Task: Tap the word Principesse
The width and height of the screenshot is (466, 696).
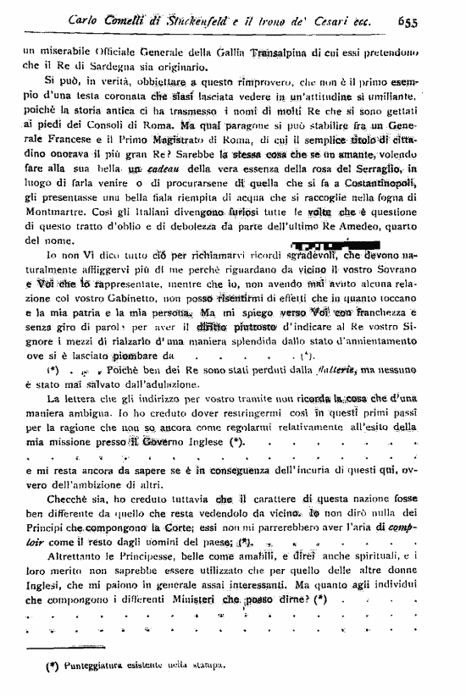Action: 136,556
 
